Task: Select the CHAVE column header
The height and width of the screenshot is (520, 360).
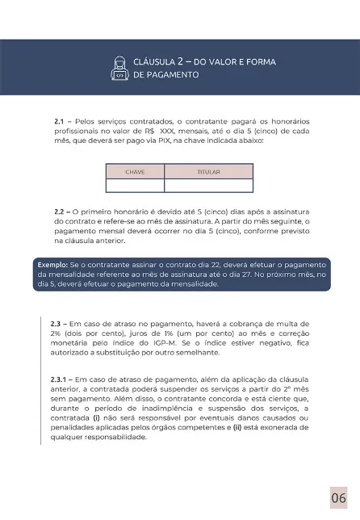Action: pyautogui.click(x=135, y=172)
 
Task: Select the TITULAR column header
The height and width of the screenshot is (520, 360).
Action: pyautogui.click(x=208, y=172)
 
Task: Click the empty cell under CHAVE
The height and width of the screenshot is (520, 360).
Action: pyautogui.click(x=135, y=183)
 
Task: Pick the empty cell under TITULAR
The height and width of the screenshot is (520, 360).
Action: pyautogui.click(x=208, y=183)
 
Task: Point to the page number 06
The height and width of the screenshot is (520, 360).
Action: pyautogui.click(x=339, y=495)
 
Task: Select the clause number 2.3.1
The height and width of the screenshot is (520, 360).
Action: pyautogui.click(x=64, y=377)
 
